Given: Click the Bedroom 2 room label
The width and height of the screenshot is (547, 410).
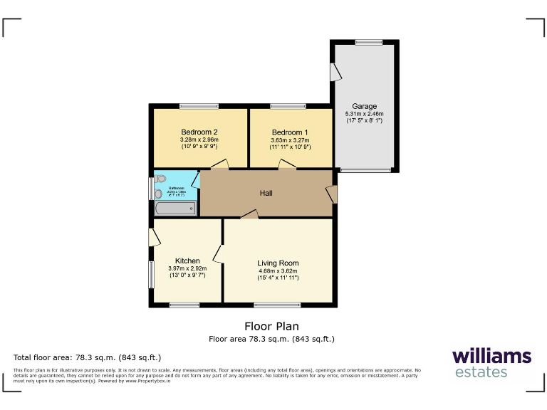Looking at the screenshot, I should (x=199, y=132).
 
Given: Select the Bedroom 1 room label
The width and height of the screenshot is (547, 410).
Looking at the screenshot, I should (x=290, y=132).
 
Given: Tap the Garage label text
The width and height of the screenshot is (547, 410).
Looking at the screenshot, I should (x=364, y=107).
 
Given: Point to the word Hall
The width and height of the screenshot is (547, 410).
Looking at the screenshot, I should (x=265, y=193).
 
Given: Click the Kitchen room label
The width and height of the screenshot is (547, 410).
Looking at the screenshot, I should (x=187, y=261).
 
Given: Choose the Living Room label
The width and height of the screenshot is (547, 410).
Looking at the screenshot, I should (x=278, y=263).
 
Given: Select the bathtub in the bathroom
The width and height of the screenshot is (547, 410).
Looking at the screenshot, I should (x=175, y=209).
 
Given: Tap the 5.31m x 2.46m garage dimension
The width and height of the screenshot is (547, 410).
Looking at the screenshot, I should (x=364, y=114).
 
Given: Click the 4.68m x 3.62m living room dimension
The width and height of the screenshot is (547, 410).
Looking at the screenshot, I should (x=278, y=270).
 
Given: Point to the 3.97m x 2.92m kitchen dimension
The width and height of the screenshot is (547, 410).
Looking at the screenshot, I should (x=187, y=268).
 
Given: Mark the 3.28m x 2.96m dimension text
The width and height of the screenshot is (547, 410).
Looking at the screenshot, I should (x=199, y=140).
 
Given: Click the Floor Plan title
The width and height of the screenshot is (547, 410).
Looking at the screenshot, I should (x=271, y=327).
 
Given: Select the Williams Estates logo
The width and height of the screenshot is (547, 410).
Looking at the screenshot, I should (x=491, y=362).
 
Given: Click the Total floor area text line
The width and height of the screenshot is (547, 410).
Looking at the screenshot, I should (x=88, y=357).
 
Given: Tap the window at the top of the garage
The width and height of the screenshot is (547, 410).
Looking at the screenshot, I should (x=368, y=43).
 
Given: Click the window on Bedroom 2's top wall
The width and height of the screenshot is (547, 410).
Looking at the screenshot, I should (x=199, y=106).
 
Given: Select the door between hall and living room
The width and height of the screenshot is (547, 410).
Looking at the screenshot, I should (x=249, y=214).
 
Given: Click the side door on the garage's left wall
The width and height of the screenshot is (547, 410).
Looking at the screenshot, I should (x=334, y=71).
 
